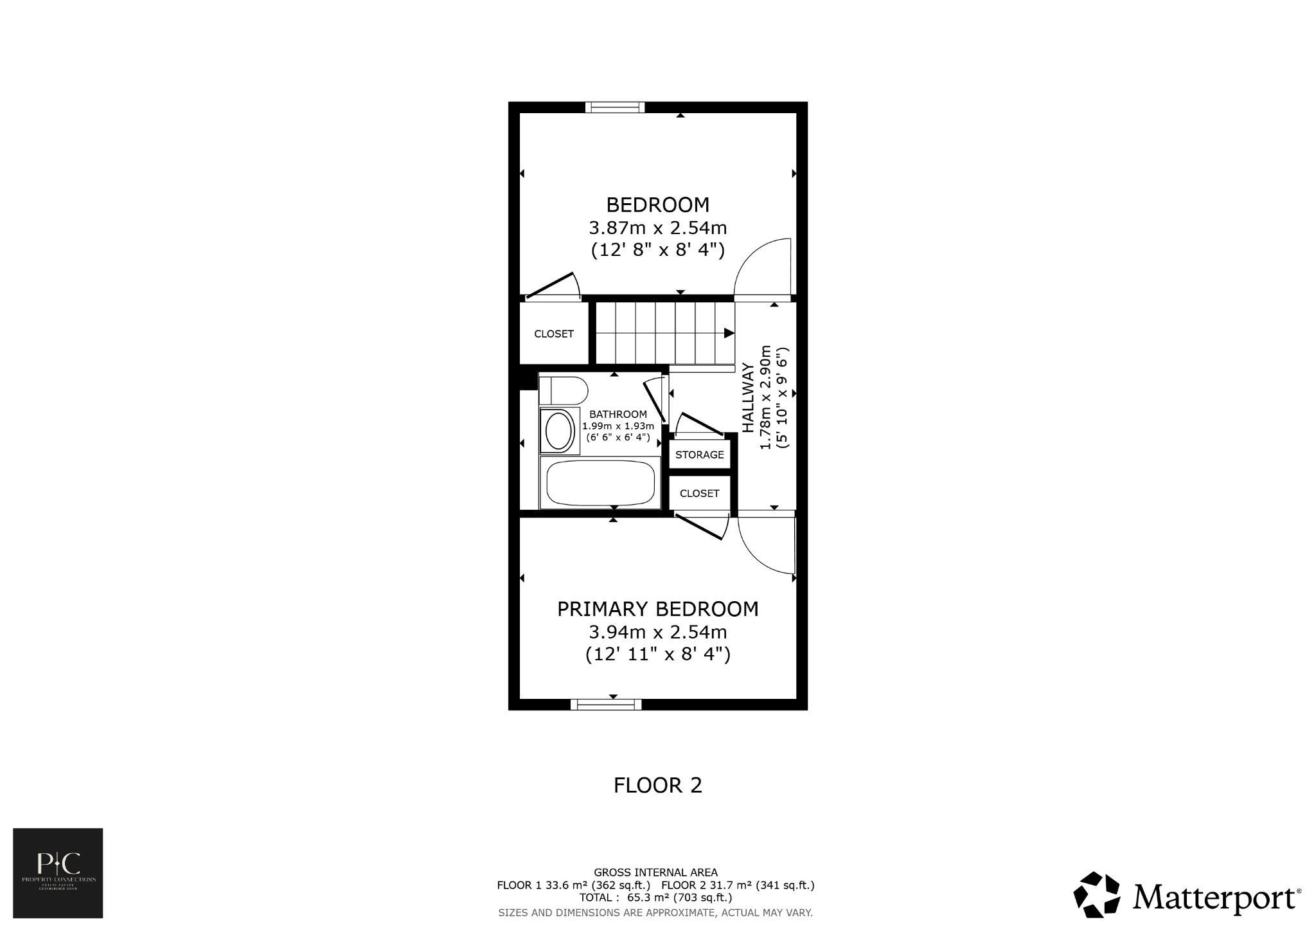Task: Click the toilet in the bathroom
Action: coord(564,391)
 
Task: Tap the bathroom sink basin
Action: coord(558,431)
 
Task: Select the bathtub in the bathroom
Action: coord(600,483)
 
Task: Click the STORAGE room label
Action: coord(699,455)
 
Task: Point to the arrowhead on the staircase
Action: coord(729,333)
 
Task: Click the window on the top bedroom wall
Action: coord(614,107)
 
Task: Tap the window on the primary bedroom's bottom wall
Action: coord(606,704)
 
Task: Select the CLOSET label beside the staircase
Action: coord(553,334)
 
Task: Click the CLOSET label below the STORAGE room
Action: coord(699,493)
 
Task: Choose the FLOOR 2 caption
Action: coord(657,785)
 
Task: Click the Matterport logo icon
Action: coord(1098,894)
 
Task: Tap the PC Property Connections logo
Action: coord(58,872)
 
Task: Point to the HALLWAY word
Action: coord(748,397)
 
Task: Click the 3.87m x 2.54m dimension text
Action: coord(657,228)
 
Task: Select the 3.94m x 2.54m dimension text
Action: coord(657,631)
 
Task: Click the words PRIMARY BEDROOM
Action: coord(657,609)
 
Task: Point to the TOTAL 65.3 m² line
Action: coord(655,897)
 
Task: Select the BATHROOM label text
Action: coord(618,414)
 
